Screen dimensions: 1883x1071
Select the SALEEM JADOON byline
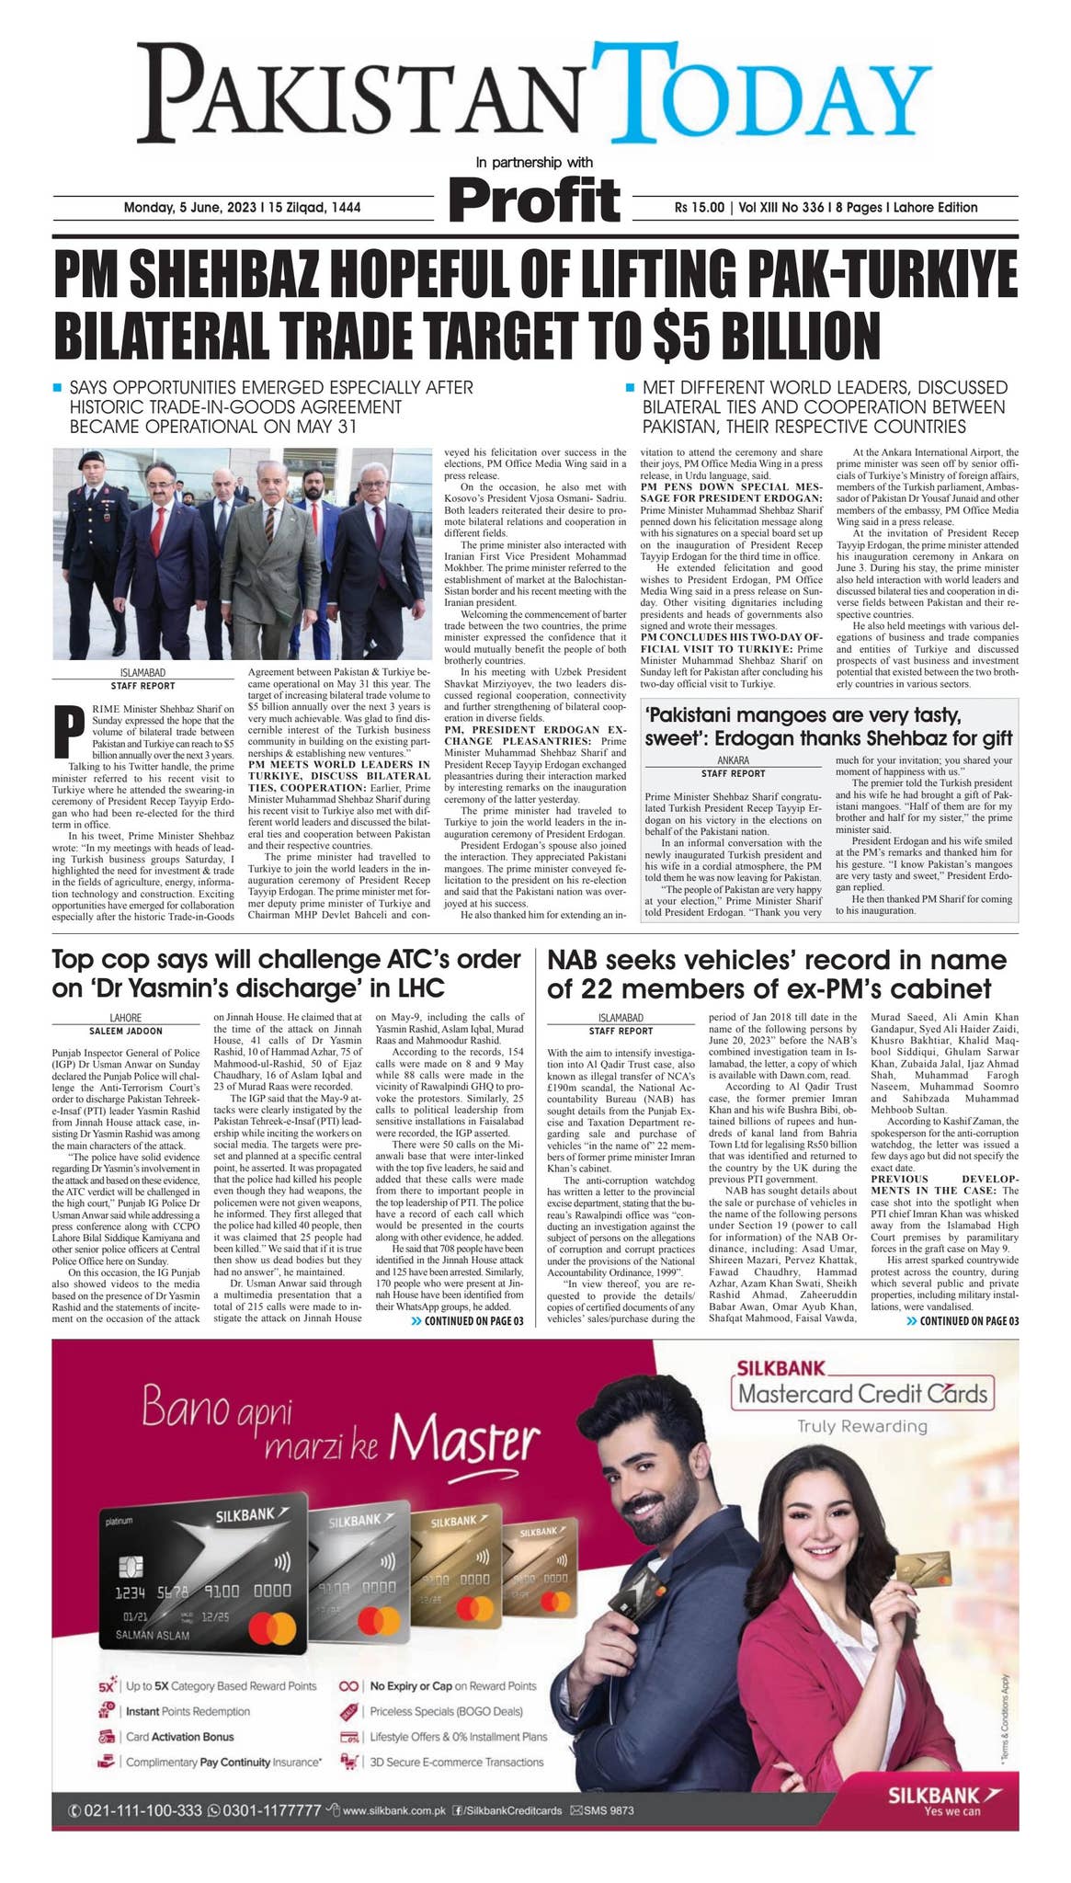pos(126,1032)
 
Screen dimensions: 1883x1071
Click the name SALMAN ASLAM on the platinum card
pos(152,1635)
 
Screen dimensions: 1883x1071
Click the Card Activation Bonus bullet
pos(179,1737)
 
